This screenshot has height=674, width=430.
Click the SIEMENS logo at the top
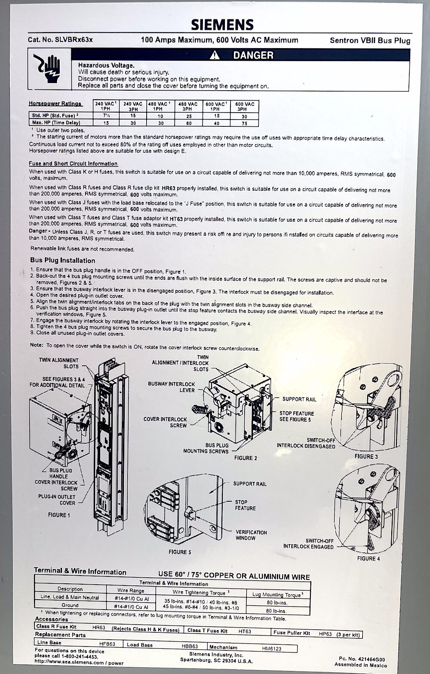click(x=222, y=25)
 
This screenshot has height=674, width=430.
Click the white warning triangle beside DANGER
click(x=215, y=55)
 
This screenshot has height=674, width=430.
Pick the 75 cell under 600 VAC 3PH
click(x=244, y=123)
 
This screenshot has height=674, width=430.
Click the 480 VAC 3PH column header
click(x=188, y=107)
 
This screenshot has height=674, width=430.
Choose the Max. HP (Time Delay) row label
click(x=56, y=123)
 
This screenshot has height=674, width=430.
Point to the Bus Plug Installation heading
click(x=63, y=260)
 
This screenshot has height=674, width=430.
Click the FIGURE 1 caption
click(x=59, y=515)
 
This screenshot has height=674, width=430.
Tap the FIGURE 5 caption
click(x=180, y=552)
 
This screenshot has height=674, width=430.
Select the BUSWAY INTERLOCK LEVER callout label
click(x=171, y=387)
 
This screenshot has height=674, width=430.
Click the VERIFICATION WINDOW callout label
click(x=251, y=535)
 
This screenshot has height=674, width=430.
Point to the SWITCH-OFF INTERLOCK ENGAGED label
click(x=308, y=543)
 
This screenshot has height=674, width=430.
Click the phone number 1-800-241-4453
click(x=79, y=656)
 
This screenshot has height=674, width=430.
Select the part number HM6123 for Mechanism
click(x=271, y=648)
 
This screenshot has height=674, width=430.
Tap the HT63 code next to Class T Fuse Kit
click(x=245, y=631)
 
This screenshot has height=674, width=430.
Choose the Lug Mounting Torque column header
click(x=276, y=594)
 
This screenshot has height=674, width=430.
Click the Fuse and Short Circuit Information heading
click(x=73, y=164)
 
